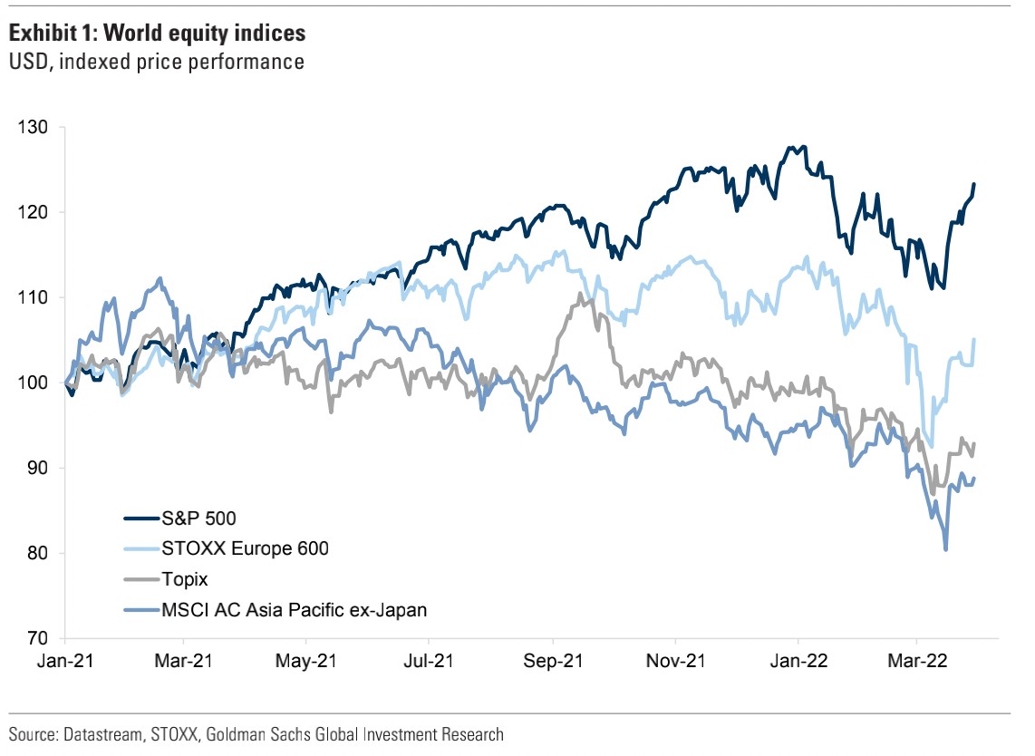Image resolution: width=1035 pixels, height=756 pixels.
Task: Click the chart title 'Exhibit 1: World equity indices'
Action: pos(157,34)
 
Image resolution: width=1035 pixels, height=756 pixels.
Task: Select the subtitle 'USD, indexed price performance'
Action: pos(155,63)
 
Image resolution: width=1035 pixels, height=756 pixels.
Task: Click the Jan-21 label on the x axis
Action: pos(65,662)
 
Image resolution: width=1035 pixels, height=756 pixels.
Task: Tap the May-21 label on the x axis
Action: pos(305,662)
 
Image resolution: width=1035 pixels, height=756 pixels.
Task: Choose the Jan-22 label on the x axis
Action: pos(798,662)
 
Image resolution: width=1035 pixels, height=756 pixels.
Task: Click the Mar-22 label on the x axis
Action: pos(917,662)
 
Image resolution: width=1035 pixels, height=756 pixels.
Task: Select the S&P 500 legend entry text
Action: pos(197,519)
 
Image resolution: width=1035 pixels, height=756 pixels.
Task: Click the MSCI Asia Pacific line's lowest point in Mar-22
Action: pos(946,549)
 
